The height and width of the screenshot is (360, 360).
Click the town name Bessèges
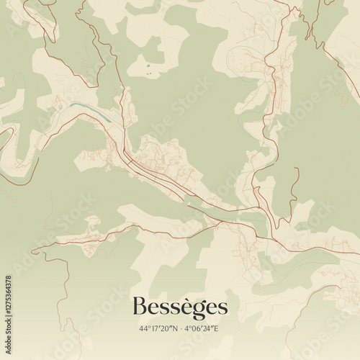click(179, 308)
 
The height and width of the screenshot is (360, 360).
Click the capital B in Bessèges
click(138, 307)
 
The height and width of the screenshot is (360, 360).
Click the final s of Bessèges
click(222, 309)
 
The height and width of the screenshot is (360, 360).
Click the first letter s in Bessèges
click(163, 309)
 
